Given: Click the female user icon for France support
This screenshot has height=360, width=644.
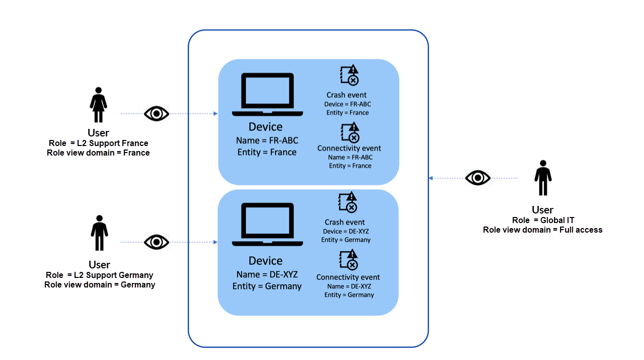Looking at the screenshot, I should pyautogui.click(x=98, y=105).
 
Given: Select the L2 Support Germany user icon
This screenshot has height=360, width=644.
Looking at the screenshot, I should pyautogui.click(x=99, y=233).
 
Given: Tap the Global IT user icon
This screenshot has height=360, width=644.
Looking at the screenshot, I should pyautogui.click(x=543, y=178).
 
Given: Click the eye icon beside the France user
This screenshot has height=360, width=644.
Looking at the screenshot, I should pyautogui.click(x=156, y=114).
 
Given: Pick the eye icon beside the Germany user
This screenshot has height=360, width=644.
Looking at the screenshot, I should pyautogui.click(x=156, y=242).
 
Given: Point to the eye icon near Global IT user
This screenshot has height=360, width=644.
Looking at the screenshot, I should pyautogui.click(x=477, y=178).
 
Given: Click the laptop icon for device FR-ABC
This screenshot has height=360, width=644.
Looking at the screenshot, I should pyautogui.click(x=267, y=94).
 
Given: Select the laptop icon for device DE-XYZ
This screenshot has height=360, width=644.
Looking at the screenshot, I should pyautogui.click(x=267, y=224).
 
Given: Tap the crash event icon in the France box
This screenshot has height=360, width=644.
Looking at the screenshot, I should pyautogui.click(x=349, y=75).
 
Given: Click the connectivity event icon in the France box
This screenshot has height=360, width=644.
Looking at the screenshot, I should pyautogui.click(x=349, y=133).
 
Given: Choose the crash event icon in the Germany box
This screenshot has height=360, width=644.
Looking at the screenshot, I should pyautogui.click(x=348, y=202).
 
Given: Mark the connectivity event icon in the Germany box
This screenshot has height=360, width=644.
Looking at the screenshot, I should pyautogui.click(x=348, y=260).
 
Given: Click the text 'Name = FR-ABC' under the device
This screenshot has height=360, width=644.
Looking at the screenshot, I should pyautogui.click(x=267, y=140).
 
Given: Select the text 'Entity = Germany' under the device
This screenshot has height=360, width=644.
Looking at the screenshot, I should pyautogui.click(x=267, y=286).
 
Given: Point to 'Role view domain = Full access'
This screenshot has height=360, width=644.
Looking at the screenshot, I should pyautogui.click(x=542, y=230).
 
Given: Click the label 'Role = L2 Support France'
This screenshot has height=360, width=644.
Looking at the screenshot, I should pyautogui.click(x=99, y=143).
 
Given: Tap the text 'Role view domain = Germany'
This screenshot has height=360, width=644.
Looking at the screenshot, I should pyautogui.click(x=100, y=284).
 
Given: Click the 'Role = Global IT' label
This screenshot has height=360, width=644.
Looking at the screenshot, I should pyautogui.click(x=543, y=220).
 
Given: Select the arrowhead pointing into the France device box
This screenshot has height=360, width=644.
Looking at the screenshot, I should pyautogui.click(x=215, y=114).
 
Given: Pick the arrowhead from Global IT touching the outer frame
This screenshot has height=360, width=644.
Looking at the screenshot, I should pyautogui.click(x=431, y=178).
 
